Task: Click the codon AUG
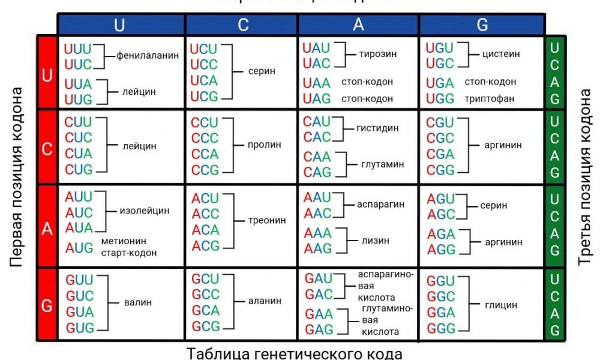[79, 247]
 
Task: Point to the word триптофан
[490, 98]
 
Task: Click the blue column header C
[242, 25]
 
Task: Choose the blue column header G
[482, 25]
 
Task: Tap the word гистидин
[377, 128]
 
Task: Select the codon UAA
[317, 82]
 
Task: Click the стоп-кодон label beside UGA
[490, 82]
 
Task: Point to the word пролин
[265, 145]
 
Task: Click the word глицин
[501, 305]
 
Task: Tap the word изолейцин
[145, 211]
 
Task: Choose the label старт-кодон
[128, 253]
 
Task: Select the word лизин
[375, 241]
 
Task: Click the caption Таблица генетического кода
[294, 352]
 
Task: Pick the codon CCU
[205, 123]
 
